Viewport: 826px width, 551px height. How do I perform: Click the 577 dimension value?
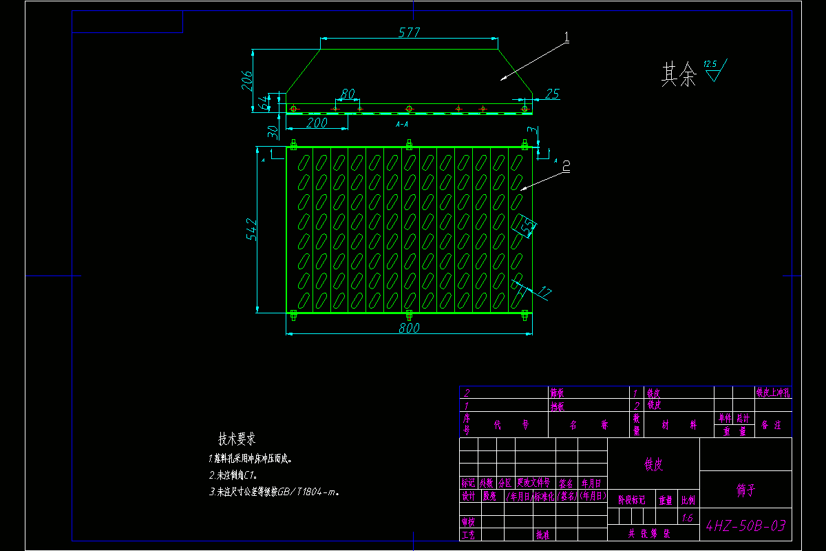[409, 32]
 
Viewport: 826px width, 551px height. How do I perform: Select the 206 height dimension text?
[246, 81]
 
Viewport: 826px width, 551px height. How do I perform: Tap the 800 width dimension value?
[409, 329]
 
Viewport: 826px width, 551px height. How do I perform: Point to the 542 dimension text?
[251, 229]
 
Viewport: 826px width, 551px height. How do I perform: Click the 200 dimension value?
[316, 123]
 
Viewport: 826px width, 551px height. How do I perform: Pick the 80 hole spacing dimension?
[347, 94]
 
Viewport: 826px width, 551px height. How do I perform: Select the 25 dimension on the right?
[551, 94]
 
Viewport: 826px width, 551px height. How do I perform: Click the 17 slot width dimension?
[544, 293]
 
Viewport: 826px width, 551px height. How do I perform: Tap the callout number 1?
[566, 39]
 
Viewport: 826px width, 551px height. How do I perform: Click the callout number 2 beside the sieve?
[566, 166]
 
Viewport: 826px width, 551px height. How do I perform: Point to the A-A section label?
[402, 125]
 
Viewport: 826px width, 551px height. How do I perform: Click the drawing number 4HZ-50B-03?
[746, 527]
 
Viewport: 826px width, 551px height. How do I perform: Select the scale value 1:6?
[687, 518]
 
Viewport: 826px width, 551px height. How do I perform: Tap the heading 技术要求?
[237, 439]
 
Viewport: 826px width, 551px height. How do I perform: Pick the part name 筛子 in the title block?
[746, 490]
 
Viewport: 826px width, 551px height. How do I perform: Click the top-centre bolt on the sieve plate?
[409, 145]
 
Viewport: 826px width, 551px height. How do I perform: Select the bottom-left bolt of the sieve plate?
[293, 315]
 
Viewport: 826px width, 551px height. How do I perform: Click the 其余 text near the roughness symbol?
[679, 74]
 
